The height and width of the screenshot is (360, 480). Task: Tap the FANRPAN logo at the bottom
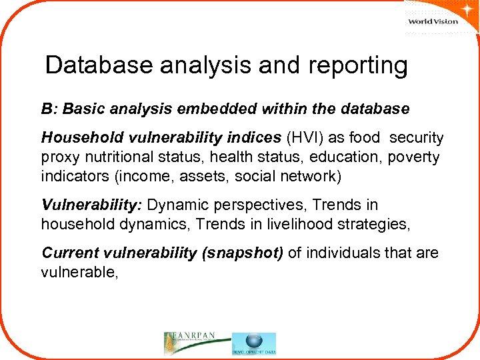(x=196, y=343)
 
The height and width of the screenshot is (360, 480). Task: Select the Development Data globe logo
(x=254, y=343)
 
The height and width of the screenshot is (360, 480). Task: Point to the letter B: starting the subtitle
(x=49, y=108)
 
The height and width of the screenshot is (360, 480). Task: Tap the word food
(x=364, y=138)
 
